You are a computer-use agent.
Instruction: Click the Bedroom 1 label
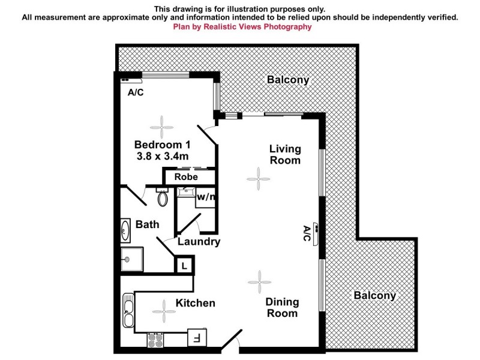(162, 145)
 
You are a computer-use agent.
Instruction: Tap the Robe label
(186, 177)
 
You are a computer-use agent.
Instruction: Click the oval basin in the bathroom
(126, 229)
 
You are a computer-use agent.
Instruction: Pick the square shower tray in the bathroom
(127, 260)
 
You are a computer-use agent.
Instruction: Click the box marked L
(184, 265)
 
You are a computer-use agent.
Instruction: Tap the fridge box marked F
(196, 338)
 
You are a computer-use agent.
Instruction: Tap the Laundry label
(199, 242)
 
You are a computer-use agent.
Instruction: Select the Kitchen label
(195, 303)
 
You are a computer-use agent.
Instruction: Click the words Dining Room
(282, 308)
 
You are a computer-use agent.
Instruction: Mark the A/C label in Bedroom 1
(136, 92)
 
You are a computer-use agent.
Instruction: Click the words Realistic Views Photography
(259, 27)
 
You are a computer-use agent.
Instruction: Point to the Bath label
(147, 224)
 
